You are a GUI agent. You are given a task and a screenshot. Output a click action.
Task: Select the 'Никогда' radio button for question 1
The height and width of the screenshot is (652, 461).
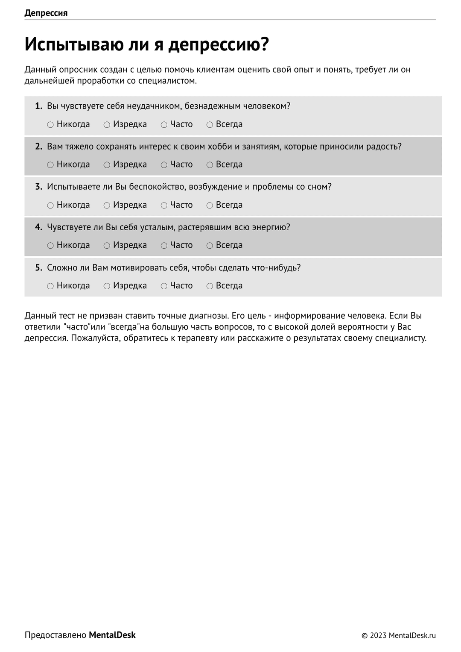(50, 125)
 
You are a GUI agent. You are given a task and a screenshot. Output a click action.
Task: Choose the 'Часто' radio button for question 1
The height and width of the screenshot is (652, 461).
(164, 125)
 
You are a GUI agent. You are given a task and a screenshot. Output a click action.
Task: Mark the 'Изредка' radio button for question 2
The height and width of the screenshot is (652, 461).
(107, 165)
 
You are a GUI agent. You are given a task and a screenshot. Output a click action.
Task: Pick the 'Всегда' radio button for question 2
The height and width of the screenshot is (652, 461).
(210, 165)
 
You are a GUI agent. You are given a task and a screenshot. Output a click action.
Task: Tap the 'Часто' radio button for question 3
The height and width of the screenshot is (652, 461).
(164, 206)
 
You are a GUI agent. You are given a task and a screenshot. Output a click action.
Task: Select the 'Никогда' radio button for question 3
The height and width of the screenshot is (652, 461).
(50, 206)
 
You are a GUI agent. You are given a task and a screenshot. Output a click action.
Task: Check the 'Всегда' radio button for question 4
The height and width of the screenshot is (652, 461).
(210, 246)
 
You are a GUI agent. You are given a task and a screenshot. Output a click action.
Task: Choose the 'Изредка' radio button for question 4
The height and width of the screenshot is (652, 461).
(107, 246)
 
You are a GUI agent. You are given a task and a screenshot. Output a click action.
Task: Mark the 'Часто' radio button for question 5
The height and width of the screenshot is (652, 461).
(164, 286)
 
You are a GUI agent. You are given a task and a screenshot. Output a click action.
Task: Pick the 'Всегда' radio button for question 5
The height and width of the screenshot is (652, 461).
(210, 286)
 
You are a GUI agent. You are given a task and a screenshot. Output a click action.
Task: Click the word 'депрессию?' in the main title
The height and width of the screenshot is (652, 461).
(219, 44)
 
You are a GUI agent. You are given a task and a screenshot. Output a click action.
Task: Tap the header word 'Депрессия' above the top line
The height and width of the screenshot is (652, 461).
(46, 13)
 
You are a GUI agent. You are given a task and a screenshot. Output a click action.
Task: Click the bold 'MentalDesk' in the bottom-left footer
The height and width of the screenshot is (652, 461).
(112, 635)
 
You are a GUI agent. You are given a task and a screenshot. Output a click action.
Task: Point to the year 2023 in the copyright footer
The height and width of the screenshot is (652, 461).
(378, 635)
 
